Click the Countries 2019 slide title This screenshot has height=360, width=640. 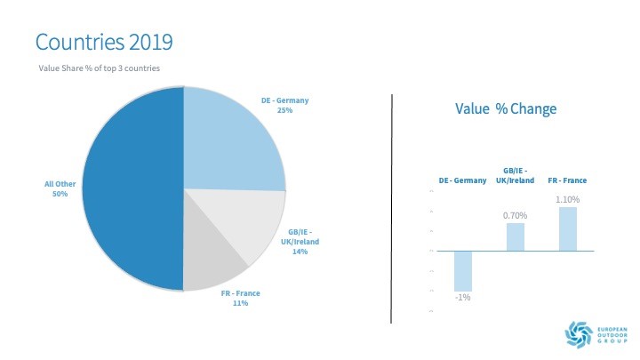[x=103, y=41]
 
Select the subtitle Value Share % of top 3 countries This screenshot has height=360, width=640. [x=99, y=68]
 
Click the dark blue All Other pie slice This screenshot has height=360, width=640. [x=133, y=187]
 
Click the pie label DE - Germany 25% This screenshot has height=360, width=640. [x=285, y=106]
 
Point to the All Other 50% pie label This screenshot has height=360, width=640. [x=56, y=189]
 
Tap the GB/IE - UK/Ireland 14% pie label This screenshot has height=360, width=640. [x=300, y=242]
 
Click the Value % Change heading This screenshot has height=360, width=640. [x=505, y=109]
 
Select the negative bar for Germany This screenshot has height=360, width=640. [x=463, y=270]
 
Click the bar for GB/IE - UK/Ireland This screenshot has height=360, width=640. [x=515, y=236]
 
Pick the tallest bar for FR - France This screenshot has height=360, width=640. [x=568, y=228]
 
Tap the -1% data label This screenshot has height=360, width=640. [x=463, y=297]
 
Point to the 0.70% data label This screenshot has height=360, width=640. [x=515, y=216]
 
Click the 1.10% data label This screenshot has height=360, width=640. [x=568, y=200]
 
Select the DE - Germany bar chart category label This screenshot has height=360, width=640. [x=463, y=180]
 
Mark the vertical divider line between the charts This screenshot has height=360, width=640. [x=392, y=209]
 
